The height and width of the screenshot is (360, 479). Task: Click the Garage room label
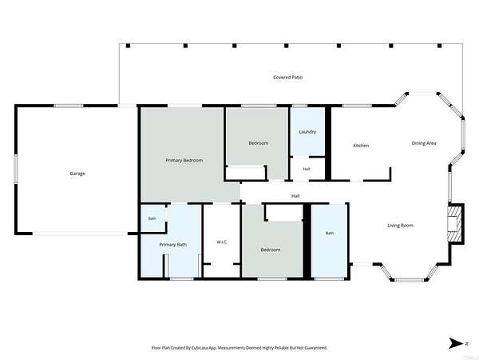(77, 174)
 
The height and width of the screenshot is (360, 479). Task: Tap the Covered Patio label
(287, 78)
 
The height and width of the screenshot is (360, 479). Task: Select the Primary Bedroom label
(184, 161)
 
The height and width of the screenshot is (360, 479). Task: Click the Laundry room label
(307, 132)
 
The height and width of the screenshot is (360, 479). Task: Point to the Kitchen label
(361, 146)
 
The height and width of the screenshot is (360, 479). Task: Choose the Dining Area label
(424, 143)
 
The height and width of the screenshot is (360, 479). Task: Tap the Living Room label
(400, 226)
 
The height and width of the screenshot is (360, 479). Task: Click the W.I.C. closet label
(222, 242)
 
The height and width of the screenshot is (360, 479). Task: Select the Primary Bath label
(173, 245)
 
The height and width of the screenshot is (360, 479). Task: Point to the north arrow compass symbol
(458, 343)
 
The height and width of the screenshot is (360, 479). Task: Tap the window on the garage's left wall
(16, 170)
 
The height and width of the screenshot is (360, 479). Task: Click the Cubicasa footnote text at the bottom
(239, 348)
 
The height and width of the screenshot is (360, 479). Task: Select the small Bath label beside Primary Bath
(152, 218)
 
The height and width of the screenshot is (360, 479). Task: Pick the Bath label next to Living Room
(330, 234)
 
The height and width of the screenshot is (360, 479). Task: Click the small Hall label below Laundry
(307, 169)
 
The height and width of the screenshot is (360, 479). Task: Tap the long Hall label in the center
(295, 196)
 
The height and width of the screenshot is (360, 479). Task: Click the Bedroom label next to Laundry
(259, 143)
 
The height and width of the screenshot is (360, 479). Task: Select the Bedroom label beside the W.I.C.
(271, 250)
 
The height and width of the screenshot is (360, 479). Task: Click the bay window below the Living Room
(408, 280)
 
